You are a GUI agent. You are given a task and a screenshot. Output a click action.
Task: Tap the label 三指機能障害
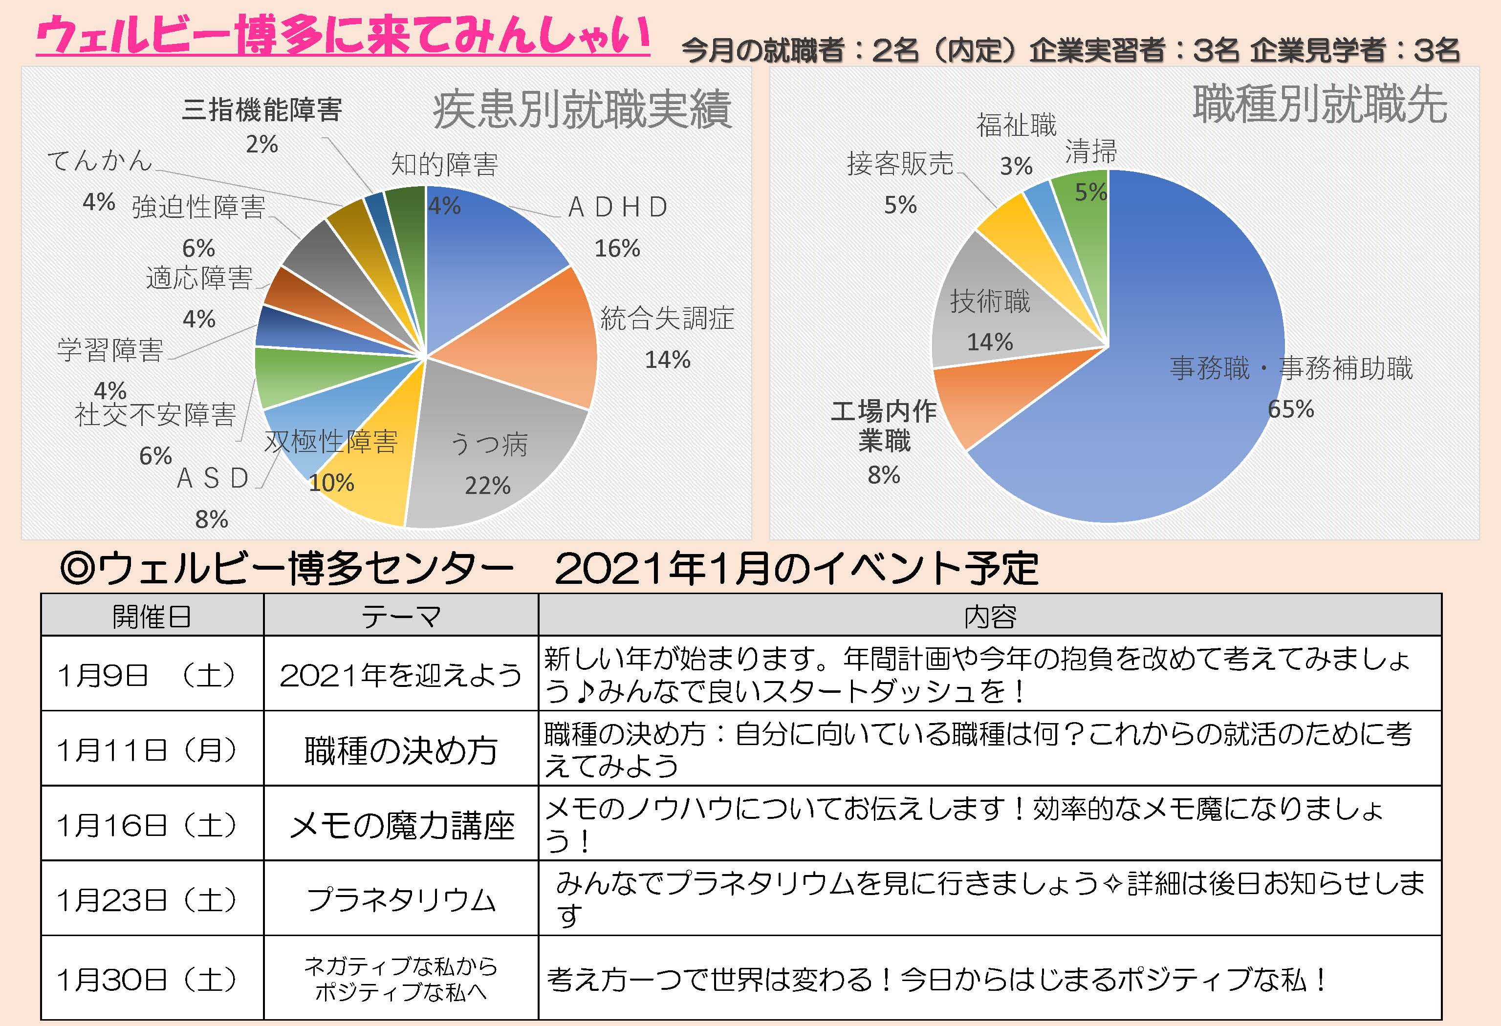coord(261,110)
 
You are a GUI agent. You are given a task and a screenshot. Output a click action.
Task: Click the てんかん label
coord(100,160)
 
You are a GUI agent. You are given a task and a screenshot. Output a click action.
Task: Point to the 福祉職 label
coord(1016,125)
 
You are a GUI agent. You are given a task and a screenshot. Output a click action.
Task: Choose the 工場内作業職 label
coord(884,426)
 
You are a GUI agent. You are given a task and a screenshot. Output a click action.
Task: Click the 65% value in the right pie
coord(1290,409)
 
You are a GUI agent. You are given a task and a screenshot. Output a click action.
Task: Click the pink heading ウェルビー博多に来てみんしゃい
coord(342,36)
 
